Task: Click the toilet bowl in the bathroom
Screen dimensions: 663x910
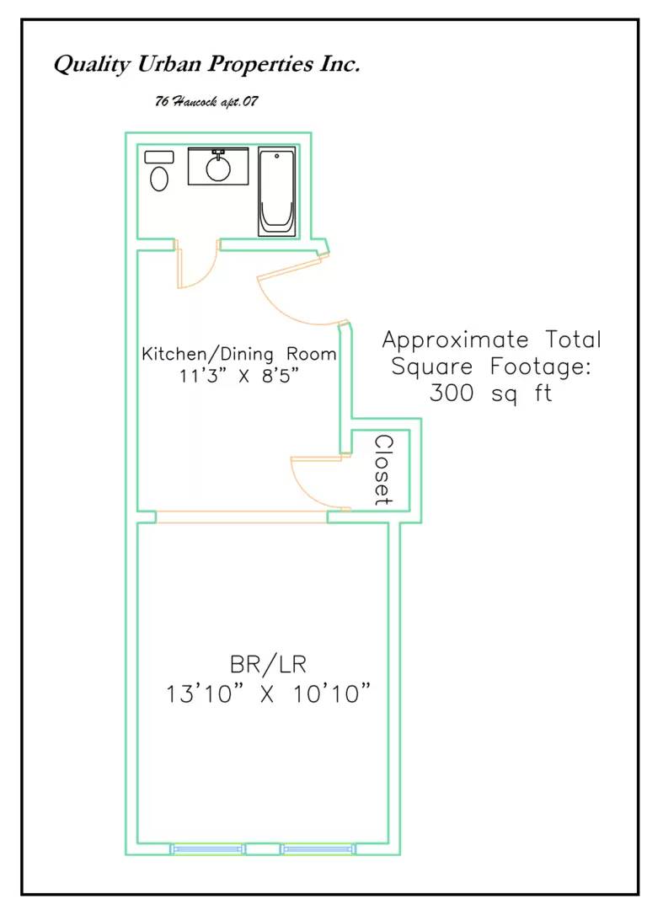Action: (x=159, y=179)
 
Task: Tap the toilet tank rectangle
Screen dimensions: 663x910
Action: (x=159, y=157)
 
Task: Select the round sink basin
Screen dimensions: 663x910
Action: (x=218, y=169)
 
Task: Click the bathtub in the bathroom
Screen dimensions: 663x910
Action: (x=276, y=192)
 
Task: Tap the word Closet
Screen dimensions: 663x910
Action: (x=383, y=471)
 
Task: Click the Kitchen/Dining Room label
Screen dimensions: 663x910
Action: (x=239, y=354)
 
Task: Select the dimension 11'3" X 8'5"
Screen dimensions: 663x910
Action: (x=239, y=376)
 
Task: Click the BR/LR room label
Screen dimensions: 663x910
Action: (x=268, y=665)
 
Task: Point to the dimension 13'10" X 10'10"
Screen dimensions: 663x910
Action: (x=268, y=693)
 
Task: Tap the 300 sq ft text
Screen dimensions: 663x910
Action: (x=491, y=393)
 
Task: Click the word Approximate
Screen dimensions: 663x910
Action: (x=456, y=340)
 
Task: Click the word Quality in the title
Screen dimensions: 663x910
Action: (x=92, y=64)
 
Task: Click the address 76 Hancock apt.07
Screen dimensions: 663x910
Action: (x=206, y=102)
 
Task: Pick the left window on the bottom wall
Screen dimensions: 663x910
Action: (x=207, y=849)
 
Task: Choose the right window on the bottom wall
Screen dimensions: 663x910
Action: (x=318, y=849)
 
